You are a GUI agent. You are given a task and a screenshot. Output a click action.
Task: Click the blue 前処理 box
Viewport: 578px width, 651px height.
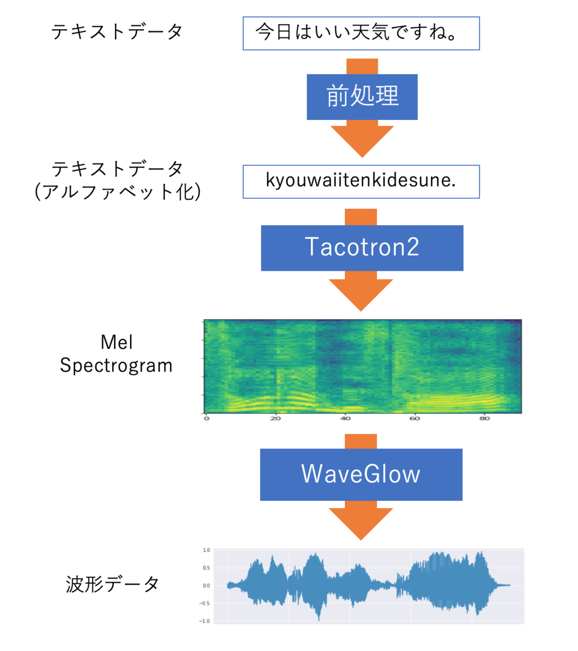[362, 97]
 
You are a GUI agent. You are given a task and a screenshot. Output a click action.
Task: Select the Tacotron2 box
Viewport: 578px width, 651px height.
[362, 248]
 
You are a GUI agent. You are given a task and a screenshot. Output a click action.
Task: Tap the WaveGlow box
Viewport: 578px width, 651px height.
[361, 474]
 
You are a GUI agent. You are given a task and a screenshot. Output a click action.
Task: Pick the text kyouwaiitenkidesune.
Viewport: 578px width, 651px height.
[361, 181]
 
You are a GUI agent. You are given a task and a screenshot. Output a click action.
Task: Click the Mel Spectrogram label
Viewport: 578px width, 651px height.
[116, 354]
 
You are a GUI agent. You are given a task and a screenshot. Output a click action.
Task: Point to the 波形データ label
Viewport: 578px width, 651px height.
[112, 584]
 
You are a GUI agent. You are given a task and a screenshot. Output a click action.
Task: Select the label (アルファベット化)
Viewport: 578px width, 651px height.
[117, 192]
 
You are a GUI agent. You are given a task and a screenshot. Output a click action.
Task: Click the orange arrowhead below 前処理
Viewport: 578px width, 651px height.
[362, 142]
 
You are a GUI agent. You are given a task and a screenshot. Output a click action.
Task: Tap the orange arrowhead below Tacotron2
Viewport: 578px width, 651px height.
[361, 295]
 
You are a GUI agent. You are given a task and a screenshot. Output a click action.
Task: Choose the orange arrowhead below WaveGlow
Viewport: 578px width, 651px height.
[361, 524]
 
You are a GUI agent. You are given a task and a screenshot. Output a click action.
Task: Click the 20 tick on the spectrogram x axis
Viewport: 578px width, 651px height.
[276, 418]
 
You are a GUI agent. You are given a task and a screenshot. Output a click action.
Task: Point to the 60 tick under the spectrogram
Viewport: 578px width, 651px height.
[415, 418]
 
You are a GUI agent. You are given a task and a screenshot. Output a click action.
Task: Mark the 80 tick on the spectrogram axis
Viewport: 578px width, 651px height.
[485, 418]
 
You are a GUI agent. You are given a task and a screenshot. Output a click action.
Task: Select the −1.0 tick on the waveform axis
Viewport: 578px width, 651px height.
[205, 621]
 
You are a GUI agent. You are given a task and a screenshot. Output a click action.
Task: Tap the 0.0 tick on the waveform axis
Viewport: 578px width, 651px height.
[206, 586]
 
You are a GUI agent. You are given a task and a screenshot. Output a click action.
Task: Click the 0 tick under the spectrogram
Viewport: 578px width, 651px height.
[206, 418]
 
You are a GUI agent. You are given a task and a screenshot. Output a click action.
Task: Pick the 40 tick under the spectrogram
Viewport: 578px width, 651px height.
[345, 418]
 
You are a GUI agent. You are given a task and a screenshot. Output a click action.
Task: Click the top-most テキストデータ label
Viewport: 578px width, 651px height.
[117, 32]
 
